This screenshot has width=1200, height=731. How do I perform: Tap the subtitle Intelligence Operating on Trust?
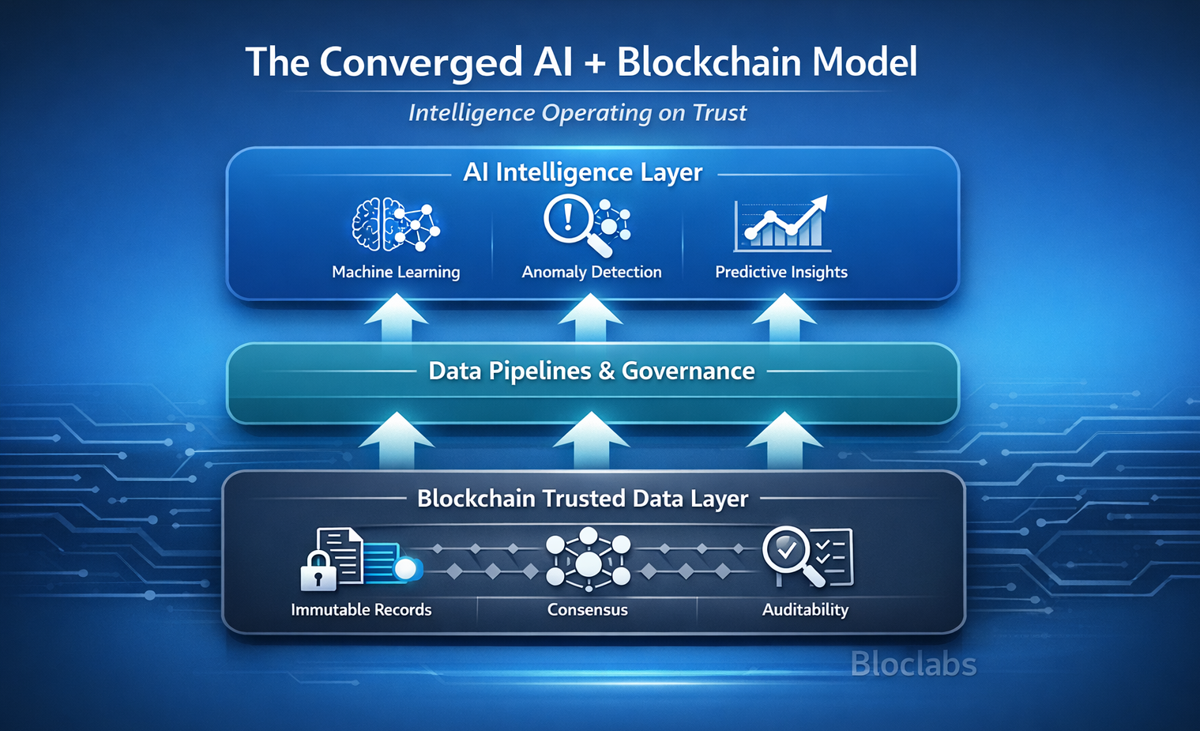click(577, 113)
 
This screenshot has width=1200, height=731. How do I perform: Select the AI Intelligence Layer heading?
click(582, 172)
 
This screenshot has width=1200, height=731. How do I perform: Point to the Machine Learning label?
click(396, 272)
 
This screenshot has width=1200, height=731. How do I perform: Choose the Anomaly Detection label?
click(592, 272)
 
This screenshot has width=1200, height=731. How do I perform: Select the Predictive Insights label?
click(781, 272)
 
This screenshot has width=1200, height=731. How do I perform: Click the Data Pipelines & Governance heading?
click(592, 371)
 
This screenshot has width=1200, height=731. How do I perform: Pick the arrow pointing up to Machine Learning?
click(396, 318)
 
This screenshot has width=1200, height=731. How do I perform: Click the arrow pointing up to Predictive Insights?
click(784, 318)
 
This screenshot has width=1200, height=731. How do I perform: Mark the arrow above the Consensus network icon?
click(590, 439)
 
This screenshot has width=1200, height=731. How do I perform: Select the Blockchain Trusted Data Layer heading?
click(582, 499)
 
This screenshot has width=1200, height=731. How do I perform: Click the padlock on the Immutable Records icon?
click(318, 571)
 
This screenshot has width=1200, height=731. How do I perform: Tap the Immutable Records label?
click(361, 609)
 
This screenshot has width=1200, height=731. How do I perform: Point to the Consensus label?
click(588, 609)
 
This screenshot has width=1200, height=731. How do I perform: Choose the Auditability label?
click(805, 609)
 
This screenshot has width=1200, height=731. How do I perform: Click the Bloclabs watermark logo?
click(913, 665)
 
